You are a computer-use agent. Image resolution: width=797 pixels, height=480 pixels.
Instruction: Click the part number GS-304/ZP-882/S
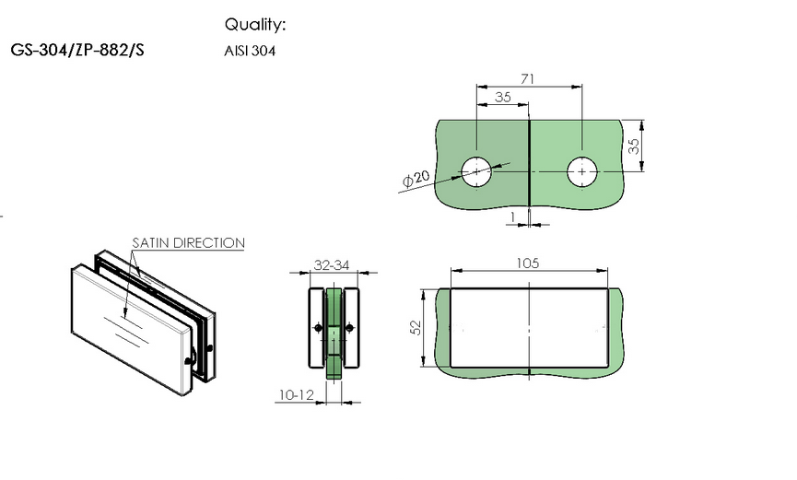pyautogui.click(x=77, y=50)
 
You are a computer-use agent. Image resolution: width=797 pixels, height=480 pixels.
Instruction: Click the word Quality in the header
pyautogui.click(x=253, y=24)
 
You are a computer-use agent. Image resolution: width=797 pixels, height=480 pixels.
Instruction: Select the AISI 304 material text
pyautogui.click(x=250, y=51)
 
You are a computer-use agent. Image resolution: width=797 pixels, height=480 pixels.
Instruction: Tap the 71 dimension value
pyautogui.click(x=528, y=79)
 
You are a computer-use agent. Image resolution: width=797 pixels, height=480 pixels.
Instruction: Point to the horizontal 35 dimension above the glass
pyautogui.click(x=503, y=97)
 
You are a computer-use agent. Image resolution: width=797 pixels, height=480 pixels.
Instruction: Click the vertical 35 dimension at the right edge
pyautogui.click(x=633, y=146)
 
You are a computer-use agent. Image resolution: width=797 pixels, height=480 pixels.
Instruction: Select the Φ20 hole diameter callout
pyautogui.click(x=416, y=179)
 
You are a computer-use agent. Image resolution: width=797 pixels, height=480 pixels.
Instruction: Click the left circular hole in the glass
pyautogui.click(x=476, y=171)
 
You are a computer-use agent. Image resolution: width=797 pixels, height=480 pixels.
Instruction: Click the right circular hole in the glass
pyautogui.click(x=582, y=172)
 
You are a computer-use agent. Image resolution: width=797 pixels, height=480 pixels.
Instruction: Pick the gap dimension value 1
pyautogui.click(x=513, y=217)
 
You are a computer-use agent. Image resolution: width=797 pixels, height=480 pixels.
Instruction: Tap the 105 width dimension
pyautogui.click(x=528, y=263)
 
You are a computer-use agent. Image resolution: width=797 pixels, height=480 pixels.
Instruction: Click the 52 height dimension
pyautogui.click(x=416, y=327)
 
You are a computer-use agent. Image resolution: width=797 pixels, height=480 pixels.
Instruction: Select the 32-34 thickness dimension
pyautogui.click(x=332, y=265)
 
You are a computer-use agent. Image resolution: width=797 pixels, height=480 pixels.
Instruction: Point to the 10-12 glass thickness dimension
pyautogui.click(x=297, y=394)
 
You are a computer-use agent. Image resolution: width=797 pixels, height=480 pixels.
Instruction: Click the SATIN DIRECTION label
pyautogui.click(x=189, y=242)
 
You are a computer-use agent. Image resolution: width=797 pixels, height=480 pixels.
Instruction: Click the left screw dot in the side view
pyautogui.click(x=318, y=328)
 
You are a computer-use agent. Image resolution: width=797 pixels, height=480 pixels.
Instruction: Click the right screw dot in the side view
pyautogui.click(x=349, y=328)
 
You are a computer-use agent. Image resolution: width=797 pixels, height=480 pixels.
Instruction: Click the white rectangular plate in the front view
pyautogui.click(x=529, y=327)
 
